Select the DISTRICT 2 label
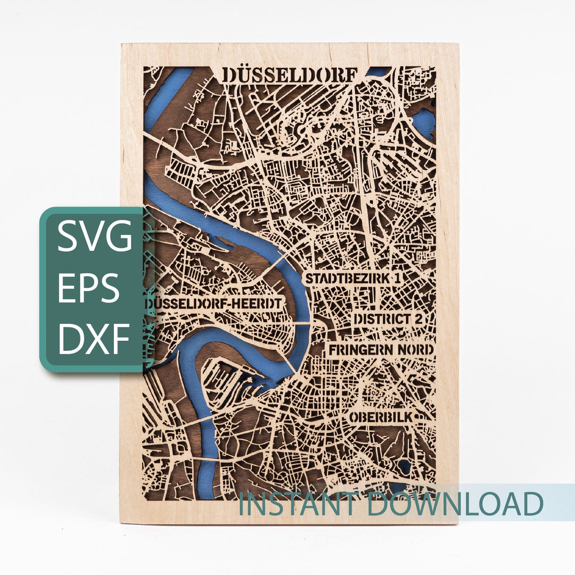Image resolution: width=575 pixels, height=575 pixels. coord(391,319)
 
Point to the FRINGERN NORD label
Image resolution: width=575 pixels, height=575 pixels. coord(381,350)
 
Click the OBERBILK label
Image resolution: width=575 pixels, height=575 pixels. coord(381,416)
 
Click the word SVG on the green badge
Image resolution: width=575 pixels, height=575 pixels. coord(95,237)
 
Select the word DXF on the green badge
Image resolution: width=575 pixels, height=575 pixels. coord(95,338)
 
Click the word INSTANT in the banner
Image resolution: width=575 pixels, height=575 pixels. coord(299,504)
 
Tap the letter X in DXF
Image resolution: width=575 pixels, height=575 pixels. coord(96,338)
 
